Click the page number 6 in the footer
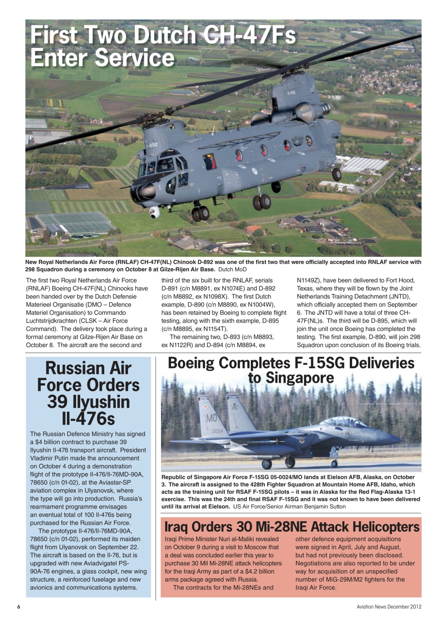pos(18,607)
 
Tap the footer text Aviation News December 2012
pos(389,607)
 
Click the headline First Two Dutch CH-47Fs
pos(163,36)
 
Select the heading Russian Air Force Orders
pos(88,376)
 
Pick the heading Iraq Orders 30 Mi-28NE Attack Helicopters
pos(292,527)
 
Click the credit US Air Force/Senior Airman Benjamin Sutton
pos(290,506)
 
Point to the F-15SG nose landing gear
pos(334,458)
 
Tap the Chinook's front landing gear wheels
pos(199,213)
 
